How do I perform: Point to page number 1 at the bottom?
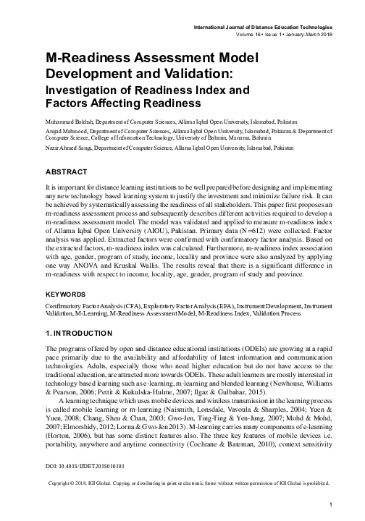[x=330, y=504]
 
